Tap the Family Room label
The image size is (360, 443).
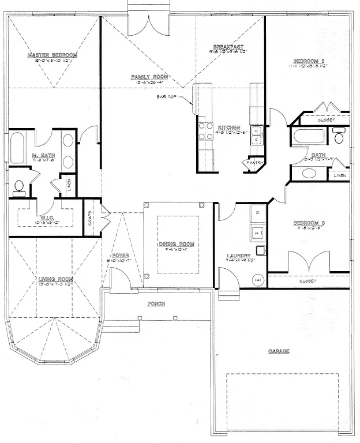(x=149, y=77)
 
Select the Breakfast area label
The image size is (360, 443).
(x=228, y=47)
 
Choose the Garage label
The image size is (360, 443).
(x=278, y=351)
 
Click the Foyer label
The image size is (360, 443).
(x=121, y=255)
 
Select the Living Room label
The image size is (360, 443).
(x=55, y=279)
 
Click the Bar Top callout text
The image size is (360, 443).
(x=166, y=97)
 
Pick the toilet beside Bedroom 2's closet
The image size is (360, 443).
(x=339, y=137)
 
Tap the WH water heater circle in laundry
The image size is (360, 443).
(x=257, y=280)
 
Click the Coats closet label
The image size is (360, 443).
(x=90, y=217)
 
